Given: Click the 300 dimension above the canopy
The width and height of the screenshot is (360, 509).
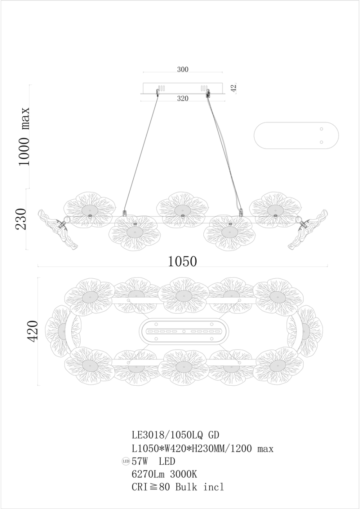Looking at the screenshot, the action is point(183,69).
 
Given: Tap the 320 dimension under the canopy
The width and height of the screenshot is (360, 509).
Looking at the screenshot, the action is point(183,98).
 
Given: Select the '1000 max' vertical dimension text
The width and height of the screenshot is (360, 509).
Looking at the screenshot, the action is point(24,137).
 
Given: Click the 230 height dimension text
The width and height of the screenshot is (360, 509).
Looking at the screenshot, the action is point(21,219).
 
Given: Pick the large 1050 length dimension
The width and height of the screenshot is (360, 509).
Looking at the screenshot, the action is point(182,261).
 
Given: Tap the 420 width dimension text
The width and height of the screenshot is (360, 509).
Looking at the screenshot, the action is point(32,331).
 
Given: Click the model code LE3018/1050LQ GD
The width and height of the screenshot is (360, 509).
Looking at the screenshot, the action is point(175,435).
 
